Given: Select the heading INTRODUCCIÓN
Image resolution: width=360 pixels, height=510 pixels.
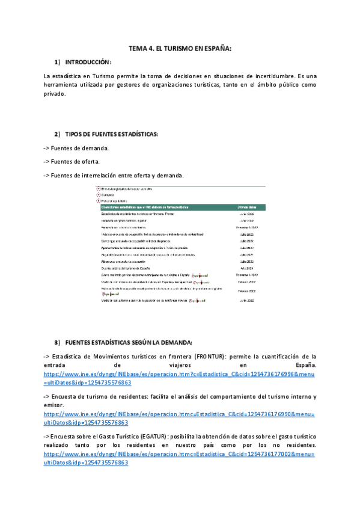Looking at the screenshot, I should pyautogui.click(x=88, y=62).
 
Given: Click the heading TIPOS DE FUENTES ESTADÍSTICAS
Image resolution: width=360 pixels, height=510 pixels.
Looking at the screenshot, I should pyautogui.click(x=112, y=134).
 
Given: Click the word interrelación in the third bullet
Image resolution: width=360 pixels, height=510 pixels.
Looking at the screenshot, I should pyautogui.click(x=107, y=176).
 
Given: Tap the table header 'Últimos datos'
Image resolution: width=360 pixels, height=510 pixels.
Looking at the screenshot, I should pyautogui.click(x=248, y=207).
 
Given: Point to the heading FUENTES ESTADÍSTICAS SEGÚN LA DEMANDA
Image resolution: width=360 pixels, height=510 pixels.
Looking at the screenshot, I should pyautogui.click(x=129, y=343).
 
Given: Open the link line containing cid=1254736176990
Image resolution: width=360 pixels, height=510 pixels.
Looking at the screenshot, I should pyautogui.click(x=180, y=414).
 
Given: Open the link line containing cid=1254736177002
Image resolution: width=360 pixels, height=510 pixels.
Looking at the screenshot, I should pyautogui.click(x=180, y=454).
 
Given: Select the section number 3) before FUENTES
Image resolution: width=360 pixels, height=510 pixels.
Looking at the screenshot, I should pyautogui.click(x=58, y=343).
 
